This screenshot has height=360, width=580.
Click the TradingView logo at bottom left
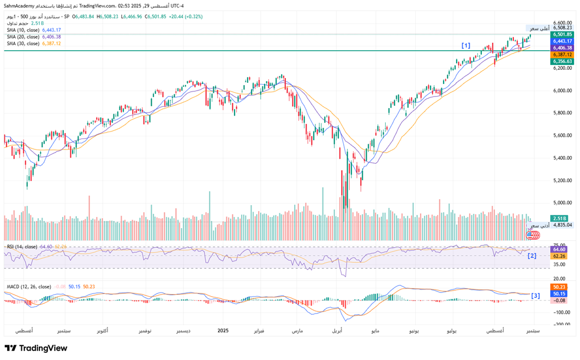[x=37, y=349]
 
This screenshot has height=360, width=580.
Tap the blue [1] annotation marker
[x=465, y=46]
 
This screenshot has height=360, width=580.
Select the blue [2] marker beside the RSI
[x=531, y=255]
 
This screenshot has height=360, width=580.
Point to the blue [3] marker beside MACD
[x=535, y=296]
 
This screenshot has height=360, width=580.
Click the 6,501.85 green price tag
[x=561, y=34]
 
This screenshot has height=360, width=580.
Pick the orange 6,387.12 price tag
[x=561, y=55]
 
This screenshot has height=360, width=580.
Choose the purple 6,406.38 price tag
[x=561, y=47]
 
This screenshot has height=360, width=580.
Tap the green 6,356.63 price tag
[x=561, y=62]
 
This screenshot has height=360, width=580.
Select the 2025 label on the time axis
[x=223, y=331]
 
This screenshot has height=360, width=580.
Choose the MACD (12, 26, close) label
[x=29, y=286]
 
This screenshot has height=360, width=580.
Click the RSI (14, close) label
[x=22, y=247]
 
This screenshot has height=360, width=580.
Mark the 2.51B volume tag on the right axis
[x=561, y=218]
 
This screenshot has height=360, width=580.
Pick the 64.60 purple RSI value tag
[x=559, y=249]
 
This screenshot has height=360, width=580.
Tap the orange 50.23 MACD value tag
[x=559, y=287]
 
